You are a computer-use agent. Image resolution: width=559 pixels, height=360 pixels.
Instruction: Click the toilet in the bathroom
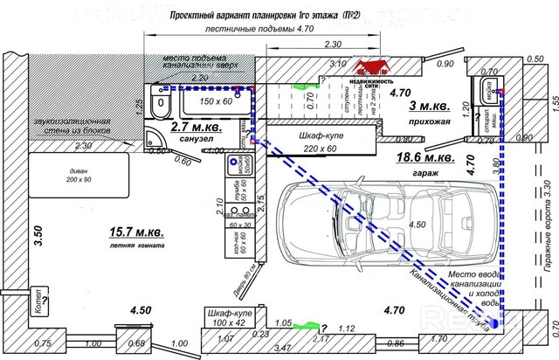(x=161, y=105)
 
